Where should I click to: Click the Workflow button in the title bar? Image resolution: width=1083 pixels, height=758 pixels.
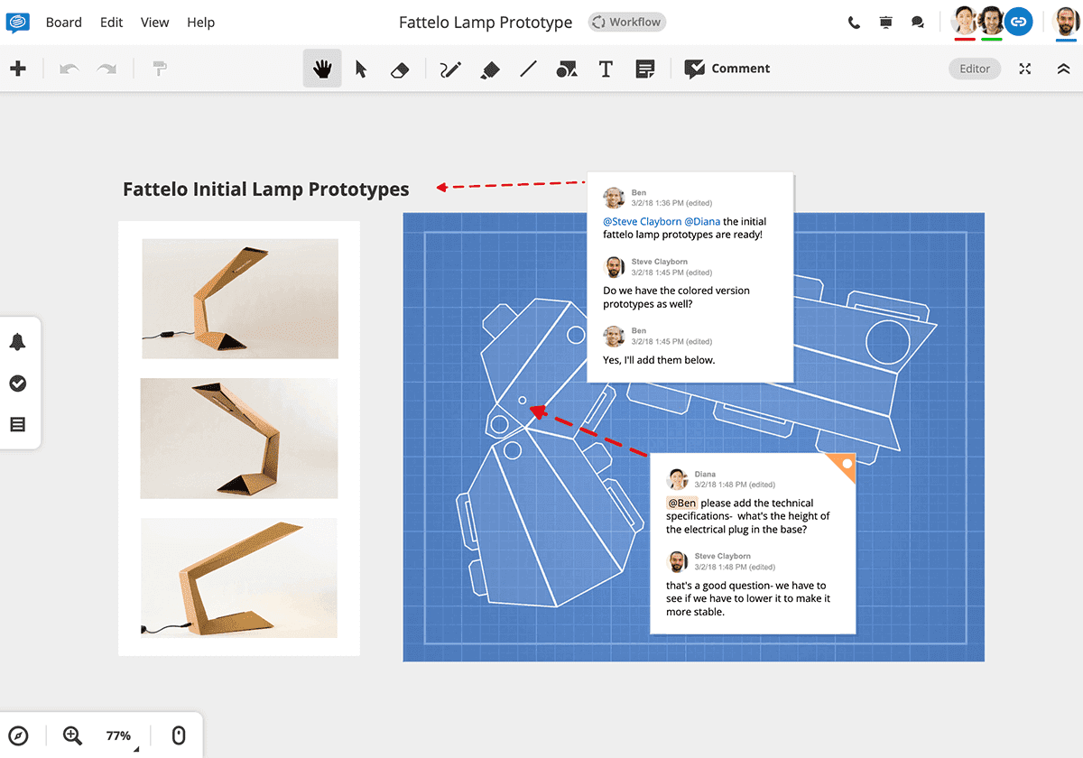pos(626,23)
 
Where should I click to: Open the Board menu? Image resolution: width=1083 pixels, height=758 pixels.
pos(64,23)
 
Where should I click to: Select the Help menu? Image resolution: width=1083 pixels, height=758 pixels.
pos(200,23)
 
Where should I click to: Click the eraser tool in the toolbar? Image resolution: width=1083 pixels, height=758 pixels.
pos(401,69)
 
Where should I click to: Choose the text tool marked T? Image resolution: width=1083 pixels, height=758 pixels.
pos(606,69)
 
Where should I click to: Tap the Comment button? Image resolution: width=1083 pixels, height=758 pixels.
pos(727,69)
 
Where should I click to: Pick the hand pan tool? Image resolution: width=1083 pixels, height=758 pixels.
pos(322,69)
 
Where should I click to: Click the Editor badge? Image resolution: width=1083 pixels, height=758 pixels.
pos(975,69)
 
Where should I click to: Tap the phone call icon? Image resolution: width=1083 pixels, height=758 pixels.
pos(854,23)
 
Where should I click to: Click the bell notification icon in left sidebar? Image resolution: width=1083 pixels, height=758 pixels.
pos(17,342)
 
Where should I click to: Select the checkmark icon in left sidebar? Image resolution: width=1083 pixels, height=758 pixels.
pos(17,384)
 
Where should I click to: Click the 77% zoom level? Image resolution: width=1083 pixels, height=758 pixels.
pos(118,735)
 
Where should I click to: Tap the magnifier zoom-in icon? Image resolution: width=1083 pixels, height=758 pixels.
pos(72,735)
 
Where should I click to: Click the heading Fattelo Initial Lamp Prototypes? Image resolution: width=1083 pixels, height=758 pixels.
pos(266,189)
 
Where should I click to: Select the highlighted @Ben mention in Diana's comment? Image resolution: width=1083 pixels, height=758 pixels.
pos(681,503)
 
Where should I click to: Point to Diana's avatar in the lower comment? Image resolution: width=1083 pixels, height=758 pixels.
pos(678,479)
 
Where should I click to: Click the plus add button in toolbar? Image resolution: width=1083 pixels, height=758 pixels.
pos(18,69)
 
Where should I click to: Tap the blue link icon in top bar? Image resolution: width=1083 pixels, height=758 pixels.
pos(1018,22)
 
